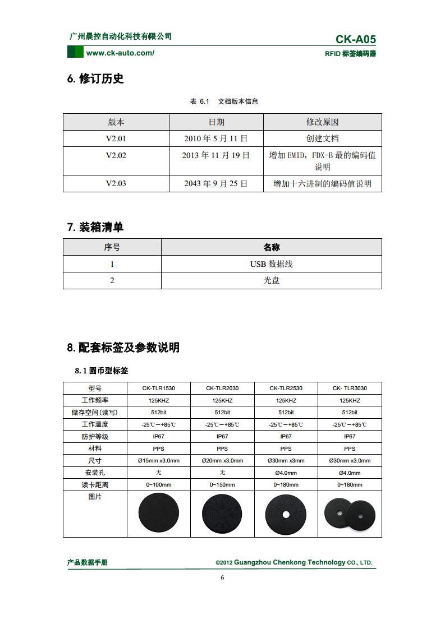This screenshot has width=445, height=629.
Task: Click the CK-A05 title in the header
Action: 356,39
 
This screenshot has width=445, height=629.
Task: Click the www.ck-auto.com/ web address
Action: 120,53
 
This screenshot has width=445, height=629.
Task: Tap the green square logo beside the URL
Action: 75,53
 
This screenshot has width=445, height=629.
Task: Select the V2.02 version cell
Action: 116,155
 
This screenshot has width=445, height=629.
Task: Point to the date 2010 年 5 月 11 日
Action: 216,138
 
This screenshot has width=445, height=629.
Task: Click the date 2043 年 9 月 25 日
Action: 216,183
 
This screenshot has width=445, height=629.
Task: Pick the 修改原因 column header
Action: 322,122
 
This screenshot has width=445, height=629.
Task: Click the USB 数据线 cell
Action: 272,264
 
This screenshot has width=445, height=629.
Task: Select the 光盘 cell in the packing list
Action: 272,280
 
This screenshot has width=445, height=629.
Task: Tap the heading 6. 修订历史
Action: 95,78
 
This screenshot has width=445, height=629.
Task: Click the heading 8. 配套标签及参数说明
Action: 123,348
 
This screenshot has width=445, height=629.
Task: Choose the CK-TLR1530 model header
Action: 159,388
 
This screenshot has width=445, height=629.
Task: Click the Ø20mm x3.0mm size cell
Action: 222,461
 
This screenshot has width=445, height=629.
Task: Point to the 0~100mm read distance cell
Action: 159,485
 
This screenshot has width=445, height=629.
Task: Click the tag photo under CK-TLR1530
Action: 159,513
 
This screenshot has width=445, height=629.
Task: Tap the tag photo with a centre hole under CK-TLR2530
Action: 286,514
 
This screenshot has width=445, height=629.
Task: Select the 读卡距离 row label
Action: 95,485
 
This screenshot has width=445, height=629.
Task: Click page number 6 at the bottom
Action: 222,578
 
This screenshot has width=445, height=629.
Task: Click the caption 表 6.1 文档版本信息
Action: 224,101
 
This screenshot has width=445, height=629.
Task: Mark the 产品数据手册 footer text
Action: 88,562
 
